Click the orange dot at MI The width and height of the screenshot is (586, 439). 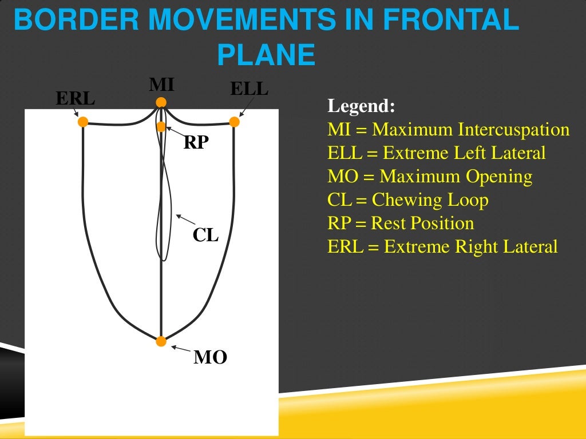click(x=161, y=102)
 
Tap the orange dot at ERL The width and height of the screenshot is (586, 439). click(x=83, y=121)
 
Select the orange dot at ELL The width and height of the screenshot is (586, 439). click(x=234, y=121)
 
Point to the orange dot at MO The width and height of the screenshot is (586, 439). click(x=161, y=341)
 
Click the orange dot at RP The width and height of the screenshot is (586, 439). click(x=161, y=126)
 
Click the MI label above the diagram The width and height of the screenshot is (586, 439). click(x=161, y=85)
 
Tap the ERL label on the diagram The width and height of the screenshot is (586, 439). click(x=75, y=98)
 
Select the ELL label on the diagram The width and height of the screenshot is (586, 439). click(x=249, y=89)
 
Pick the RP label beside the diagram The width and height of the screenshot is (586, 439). click(x=196, y=143)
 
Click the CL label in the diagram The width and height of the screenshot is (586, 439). click(x=206, y=235)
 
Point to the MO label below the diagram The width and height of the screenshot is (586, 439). click(x=210, y=358)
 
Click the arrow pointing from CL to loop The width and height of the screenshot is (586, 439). click(x=187, y=221)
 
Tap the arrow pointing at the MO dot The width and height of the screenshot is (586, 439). click(x=181, y=349)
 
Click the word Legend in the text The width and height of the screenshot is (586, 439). click(x=361, y=107)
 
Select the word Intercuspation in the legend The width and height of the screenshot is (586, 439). click(x=513, y=130)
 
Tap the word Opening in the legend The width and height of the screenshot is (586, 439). click(x=499, y=177)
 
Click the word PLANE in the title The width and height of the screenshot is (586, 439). click(x=266, y=55)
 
